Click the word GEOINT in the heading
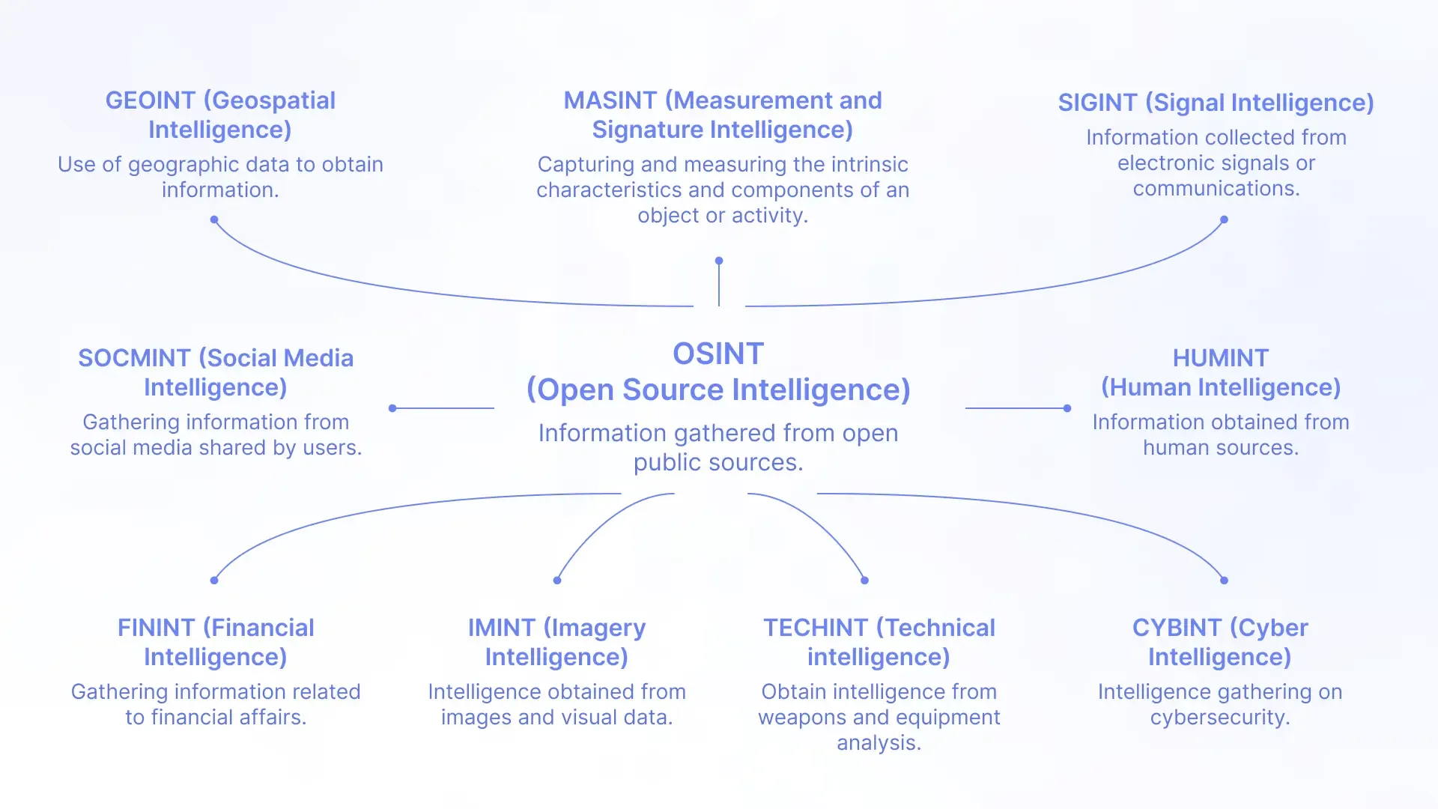point(150,100)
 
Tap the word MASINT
point(610,100)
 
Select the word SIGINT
point(1097,103)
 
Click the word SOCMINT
point(134,358)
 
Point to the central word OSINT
point(718,354)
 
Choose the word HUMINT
point(1221,358)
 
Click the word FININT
point(156,628)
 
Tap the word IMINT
point(502,628)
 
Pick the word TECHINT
point(816,628)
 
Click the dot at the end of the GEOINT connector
point(214,219)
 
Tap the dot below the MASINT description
point(719,261)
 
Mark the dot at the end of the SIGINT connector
point(1224,219)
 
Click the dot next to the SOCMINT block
point(392,408)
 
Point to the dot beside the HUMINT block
point(1067,408)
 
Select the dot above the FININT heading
point(214,580)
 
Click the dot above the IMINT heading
point(557,580)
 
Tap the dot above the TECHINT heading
point(864,580)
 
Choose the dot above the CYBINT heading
point(1224,580)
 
